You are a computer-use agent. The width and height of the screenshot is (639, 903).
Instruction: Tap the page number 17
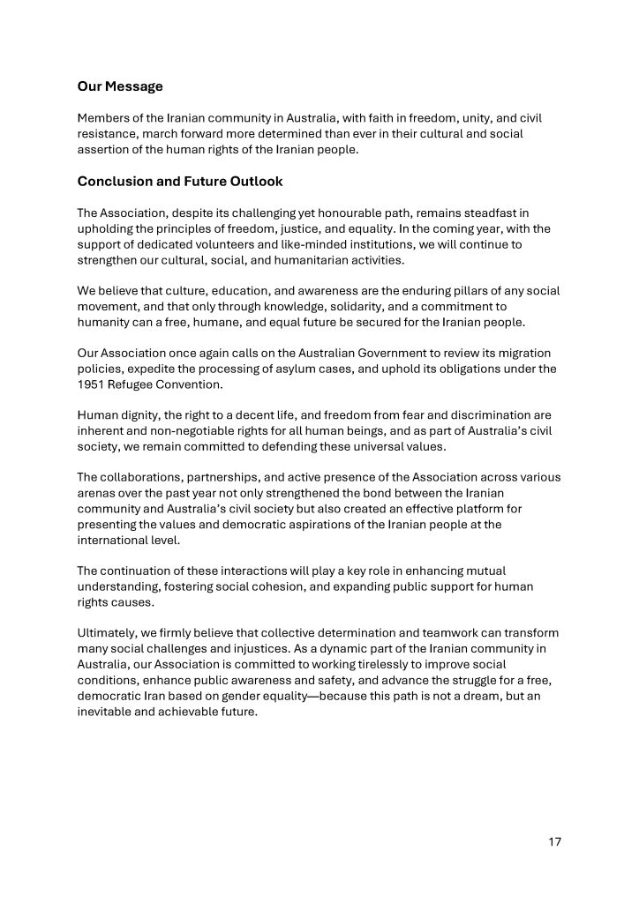pos(554,842)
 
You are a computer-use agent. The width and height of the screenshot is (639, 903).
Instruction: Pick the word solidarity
pos(330,307)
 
